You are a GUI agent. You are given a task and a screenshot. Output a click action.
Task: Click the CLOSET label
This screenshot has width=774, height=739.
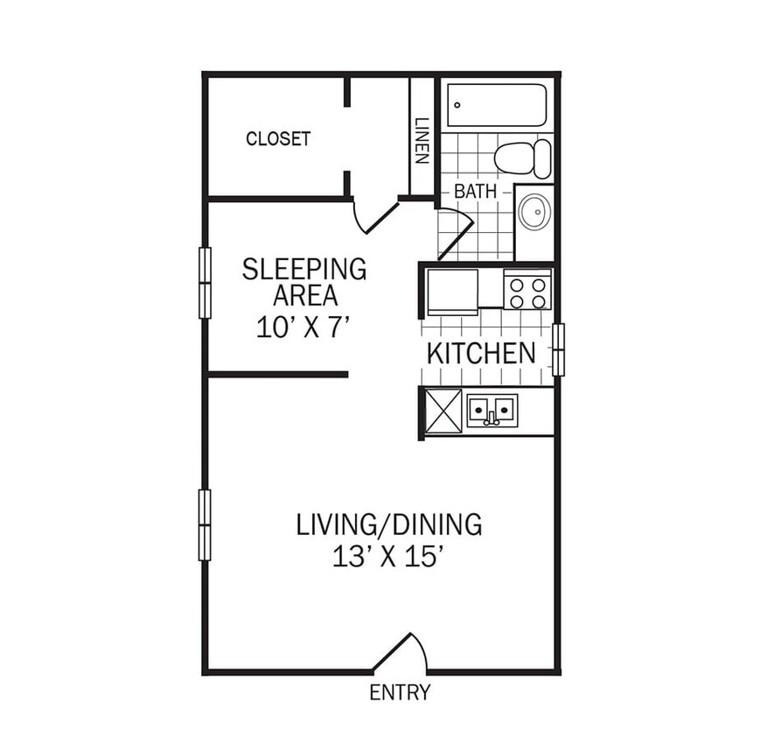[278, 138]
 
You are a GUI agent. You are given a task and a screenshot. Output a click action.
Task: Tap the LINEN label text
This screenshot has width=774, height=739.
[422, 141]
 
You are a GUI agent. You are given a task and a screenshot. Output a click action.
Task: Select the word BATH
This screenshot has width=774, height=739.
[475, 191]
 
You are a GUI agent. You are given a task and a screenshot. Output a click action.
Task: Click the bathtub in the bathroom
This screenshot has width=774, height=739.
[497, 105]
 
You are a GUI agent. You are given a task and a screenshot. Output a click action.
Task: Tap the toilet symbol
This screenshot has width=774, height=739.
[523, 158]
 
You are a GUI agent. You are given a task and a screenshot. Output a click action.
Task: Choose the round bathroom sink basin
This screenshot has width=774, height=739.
[533, 212]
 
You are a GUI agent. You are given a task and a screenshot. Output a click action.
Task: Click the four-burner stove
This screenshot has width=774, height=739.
[527, 291]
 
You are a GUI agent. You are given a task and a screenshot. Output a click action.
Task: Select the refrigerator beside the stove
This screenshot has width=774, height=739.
[451, 292]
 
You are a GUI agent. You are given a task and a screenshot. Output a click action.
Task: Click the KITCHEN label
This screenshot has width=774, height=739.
[481, 354]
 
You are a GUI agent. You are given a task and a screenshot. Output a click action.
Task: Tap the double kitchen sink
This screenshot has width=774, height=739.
[492, 410]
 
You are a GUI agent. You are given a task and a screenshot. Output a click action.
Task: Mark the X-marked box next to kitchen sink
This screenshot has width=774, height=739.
[443, 410]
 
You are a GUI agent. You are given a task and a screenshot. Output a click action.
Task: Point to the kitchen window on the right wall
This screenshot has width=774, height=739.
[558, 349]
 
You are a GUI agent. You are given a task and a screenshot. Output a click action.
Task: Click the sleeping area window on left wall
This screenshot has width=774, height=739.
[205, 283]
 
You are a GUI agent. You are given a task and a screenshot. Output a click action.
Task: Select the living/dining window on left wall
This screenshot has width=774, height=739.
[205, 524]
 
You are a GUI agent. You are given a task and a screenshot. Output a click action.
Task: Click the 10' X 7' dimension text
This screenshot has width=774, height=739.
[303, 327]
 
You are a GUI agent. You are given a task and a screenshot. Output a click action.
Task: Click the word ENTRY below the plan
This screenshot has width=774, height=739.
[400, 693]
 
